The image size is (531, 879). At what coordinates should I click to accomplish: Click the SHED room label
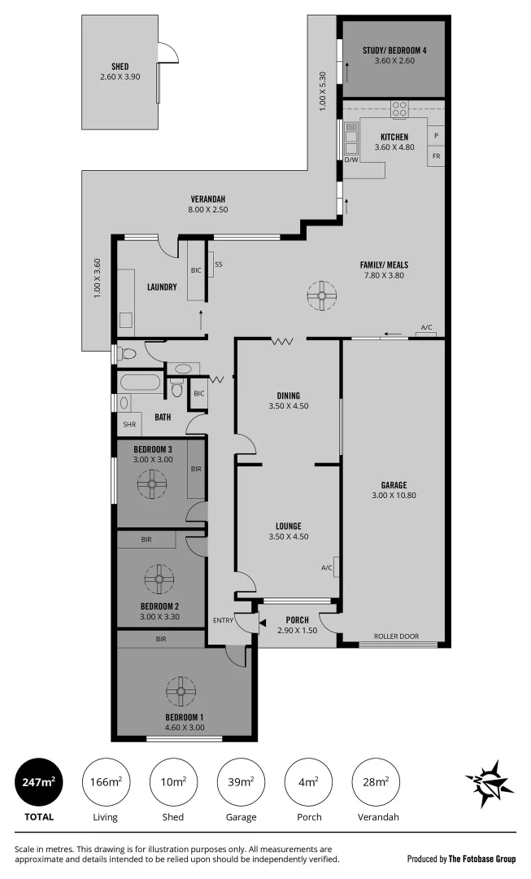pos(120,67)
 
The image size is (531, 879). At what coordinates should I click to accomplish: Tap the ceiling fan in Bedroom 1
pos(180,692)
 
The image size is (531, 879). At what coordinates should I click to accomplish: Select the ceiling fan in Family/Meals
pos(322,295)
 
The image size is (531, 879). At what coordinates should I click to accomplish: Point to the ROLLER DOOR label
pos(396,636)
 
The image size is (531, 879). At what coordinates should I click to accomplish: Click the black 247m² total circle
pos(38,782)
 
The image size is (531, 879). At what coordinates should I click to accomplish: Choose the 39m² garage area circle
pos(241,782)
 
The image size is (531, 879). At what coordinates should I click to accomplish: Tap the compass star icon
pos(490,784)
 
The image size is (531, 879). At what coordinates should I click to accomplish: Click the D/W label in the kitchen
pos(351,160)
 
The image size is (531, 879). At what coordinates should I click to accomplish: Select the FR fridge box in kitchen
pos(437,155)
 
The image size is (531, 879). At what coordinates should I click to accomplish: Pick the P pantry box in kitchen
pos(437,135)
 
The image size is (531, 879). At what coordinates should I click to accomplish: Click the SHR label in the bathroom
pos(128,425)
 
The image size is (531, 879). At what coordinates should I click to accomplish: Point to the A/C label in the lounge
pos(326,567)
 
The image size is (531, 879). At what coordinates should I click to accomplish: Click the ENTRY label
pos(222,621)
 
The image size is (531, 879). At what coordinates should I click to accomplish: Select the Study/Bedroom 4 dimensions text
pos(394,61)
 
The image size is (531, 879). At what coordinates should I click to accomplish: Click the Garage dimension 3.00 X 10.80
pos(394,495)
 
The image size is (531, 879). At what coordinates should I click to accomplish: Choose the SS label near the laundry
pos(219,265)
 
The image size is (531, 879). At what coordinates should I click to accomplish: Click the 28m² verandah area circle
pos(375,782)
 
